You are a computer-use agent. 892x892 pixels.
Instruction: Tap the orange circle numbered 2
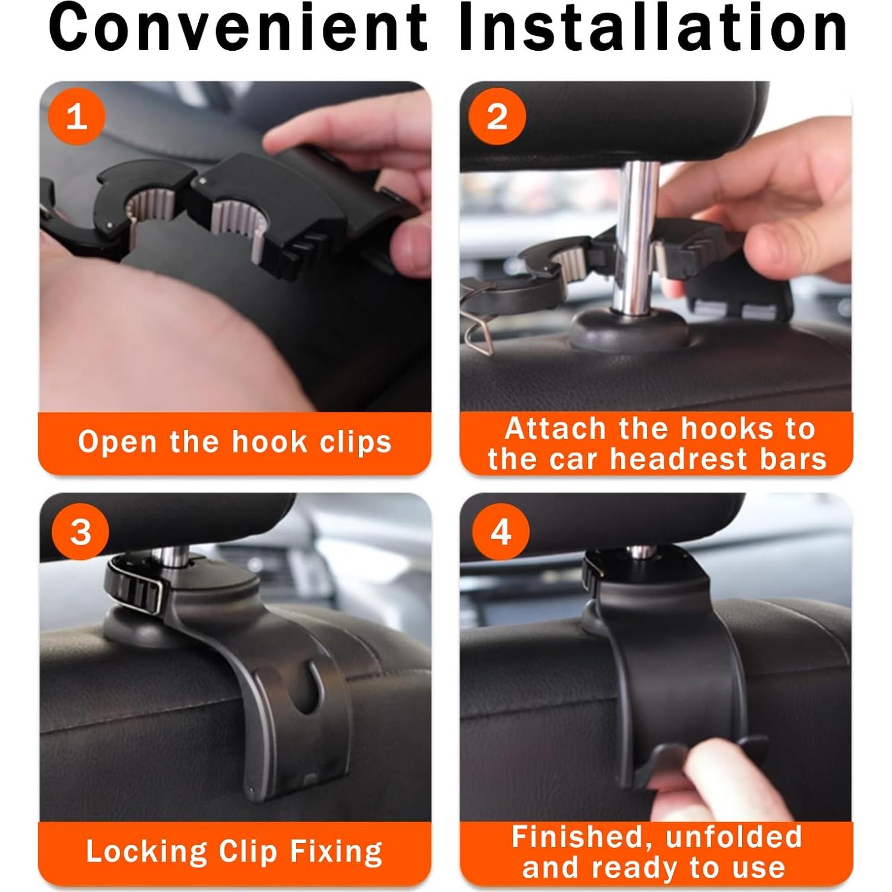point(497,116)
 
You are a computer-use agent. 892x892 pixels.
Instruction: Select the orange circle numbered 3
point(80,531)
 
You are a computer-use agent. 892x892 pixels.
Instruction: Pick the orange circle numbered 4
point(500,531)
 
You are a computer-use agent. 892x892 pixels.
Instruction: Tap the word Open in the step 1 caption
point(117,442)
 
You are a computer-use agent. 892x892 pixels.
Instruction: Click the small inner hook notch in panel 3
point(308,687)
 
